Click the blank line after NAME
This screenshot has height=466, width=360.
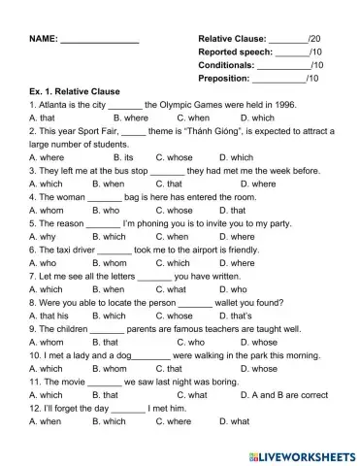[99, 41]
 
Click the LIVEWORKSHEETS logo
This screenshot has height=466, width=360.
[302, 455]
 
